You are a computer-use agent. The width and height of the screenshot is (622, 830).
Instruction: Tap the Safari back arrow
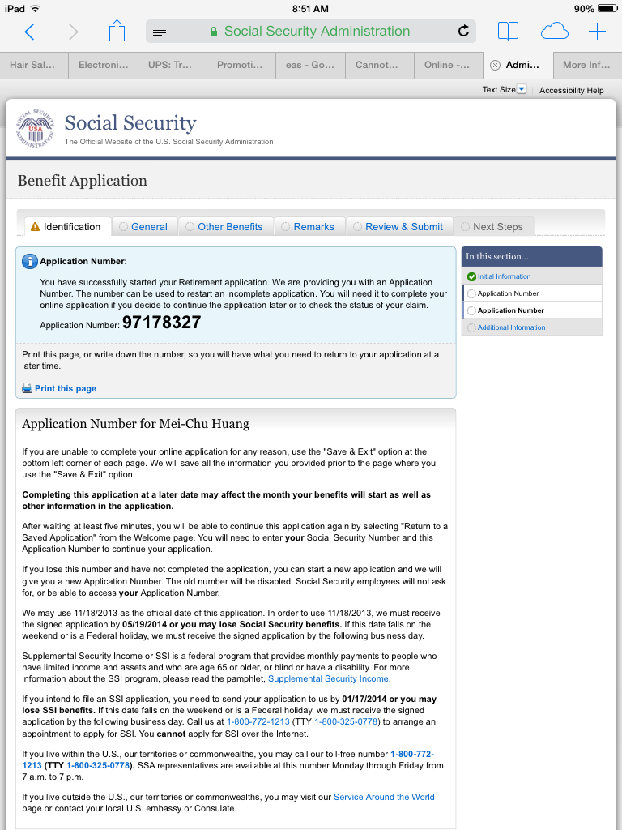[x=30, y=32]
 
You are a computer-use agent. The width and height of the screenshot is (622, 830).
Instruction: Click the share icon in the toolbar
[x=117, y=32]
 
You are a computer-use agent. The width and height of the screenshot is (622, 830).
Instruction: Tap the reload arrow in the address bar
[x=463, y=32]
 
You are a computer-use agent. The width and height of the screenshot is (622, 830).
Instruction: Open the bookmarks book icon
[x=508, y=32]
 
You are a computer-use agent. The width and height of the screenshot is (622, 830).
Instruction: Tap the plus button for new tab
[x=597, y=32]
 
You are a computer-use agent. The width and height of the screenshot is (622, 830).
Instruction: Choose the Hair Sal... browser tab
[x=33, y=65]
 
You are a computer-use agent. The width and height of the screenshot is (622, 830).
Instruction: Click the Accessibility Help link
[x=571, y=91]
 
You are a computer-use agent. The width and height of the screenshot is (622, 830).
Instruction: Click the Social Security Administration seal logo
[x=36, y=129]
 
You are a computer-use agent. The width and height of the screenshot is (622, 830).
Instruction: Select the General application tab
[x=149, y=227]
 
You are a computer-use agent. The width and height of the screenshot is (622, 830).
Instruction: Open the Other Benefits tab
[x=230, y=227]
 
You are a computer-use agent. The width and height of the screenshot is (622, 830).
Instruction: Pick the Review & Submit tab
[x=403, y=227]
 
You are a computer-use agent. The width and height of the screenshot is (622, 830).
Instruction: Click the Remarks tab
[x=313, y=227]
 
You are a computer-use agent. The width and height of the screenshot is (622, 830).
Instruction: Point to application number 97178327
[x=161, y=323]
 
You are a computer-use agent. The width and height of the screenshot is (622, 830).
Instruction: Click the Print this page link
[x=65, y=389]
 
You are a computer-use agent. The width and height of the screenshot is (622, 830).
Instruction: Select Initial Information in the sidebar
[x=504, y=276]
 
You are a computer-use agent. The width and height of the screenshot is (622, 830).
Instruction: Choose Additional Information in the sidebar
[x=511, y=327]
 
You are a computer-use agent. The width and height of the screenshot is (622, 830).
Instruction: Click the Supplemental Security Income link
[x=329, y=678]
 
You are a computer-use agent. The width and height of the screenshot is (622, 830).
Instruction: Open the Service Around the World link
[x=384, y=797]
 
